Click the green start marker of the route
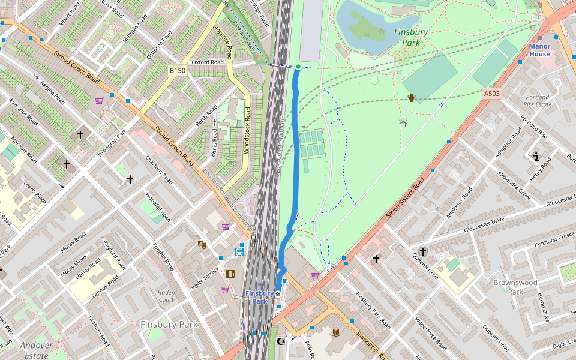pyautogui.click(x=298, y=67)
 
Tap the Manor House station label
pyautogui.click(x=539, y=50)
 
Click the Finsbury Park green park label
pyautogui.click(x=411, y=37)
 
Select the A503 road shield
pyautogui.click(x=491, y=94)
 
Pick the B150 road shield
pyautogui.click(x=177, y=71)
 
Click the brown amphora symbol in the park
pyautogui.click(x=412, y=97)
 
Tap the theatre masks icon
pyautogui.click(x=202, y=244)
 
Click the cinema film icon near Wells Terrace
pyautogui.click(x=230, y=274)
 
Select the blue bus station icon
pyautogui.click(x=239, y=252)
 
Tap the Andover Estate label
pyautogui.click(x=36, y=350)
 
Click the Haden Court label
pyautogui.click(x=166, y=296)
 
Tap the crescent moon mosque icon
pyautogui.click(x=280, y=341)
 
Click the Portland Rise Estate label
pyautogui.click(x=537, y=101)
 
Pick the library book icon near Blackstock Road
pyautogui.click(x=336, y=332)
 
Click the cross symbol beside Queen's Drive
pyautogui.click(x=423, y=252)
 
